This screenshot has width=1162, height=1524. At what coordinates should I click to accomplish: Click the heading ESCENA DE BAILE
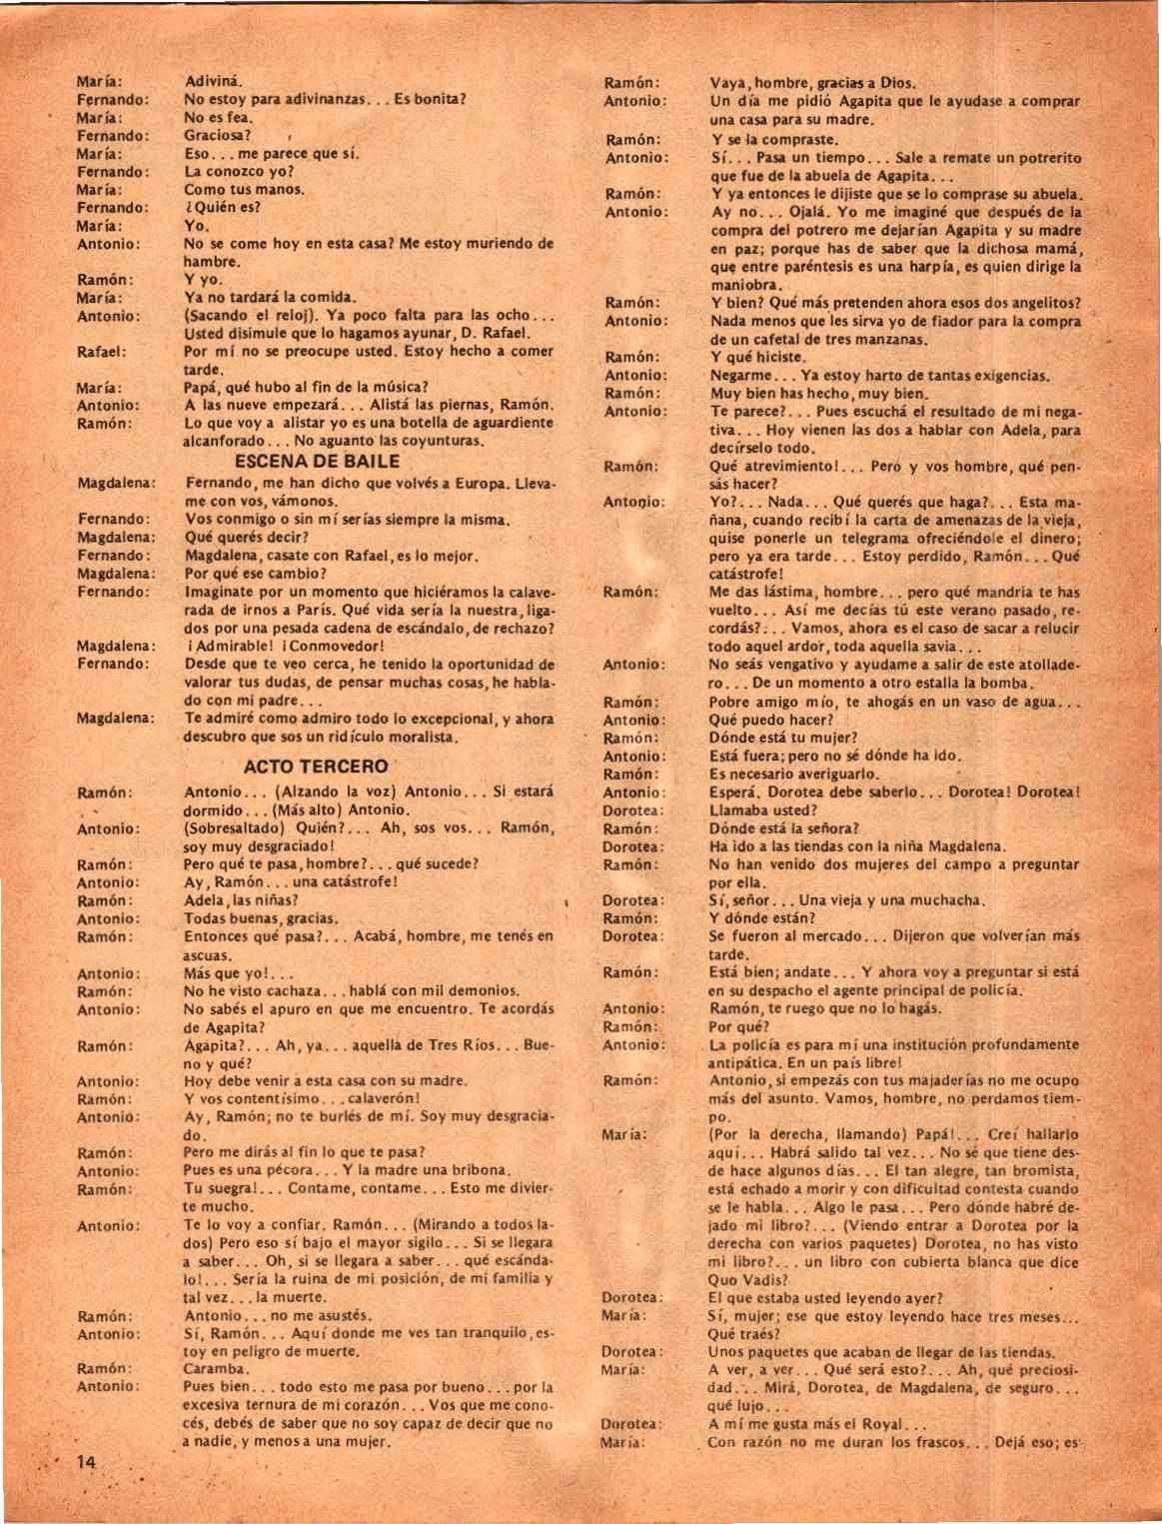(317, 462)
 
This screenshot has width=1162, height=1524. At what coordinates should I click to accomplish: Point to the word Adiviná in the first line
(214, 81)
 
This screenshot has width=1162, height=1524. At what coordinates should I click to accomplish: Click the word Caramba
(215, 1369)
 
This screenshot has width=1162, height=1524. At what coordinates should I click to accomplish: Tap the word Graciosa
(218, 135)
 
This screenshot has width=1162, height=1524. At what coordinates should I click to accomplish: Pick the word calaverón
(385, 1099)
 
